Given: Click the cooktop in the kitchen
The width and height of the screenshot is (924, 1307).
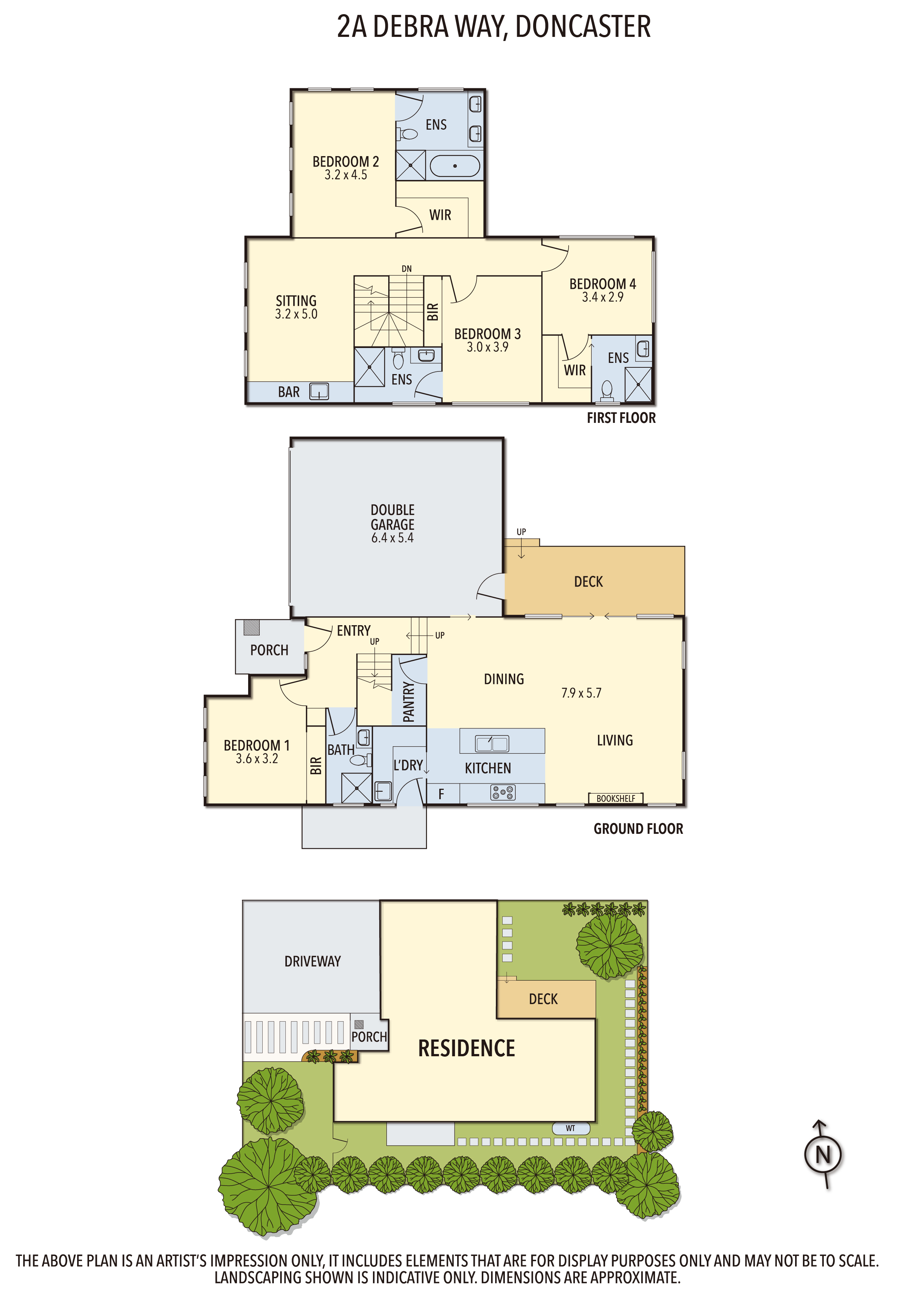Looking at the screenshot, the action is click(503, 792).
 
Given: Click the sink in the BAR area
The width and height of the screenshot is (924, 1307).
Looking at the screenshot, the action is click(319, 391).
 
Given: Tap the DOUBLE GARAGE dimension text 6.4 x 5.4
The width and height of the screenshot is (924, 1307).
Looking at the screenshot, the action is click(392, 538).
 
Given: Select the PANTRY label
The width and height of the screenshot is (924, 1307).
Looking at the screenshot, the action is click(409, 702).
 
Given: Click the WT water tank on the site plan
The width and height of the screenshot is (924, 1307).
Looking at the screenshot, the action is click(570, 1128).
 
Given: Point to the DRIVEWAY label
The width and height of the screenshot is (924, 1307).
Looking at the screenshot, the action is click(313, 962).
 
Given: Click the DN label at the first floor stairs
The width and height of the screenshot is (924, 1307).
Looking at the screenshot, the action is click(406, 269).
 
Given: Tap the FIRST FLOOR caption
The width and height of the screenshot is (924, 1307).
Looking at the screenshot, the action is click(621, 418).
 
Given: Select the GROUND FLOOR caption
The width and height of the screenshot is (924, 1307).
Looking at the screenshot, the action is click(638, 829).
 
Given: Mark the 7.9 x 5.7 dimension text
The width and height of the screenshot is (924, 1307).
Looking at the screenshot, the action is click(581, 693).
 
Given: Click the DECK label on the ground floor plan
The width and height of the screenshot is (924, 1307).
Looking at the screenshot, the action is click(588, 582).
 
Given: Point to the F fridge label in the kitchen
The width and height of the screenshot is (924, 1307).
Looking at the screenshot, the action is click(441, 794).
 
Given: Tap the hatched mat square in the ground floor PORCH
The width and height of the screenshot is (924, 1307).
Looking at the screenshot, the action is click(251, 627).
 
